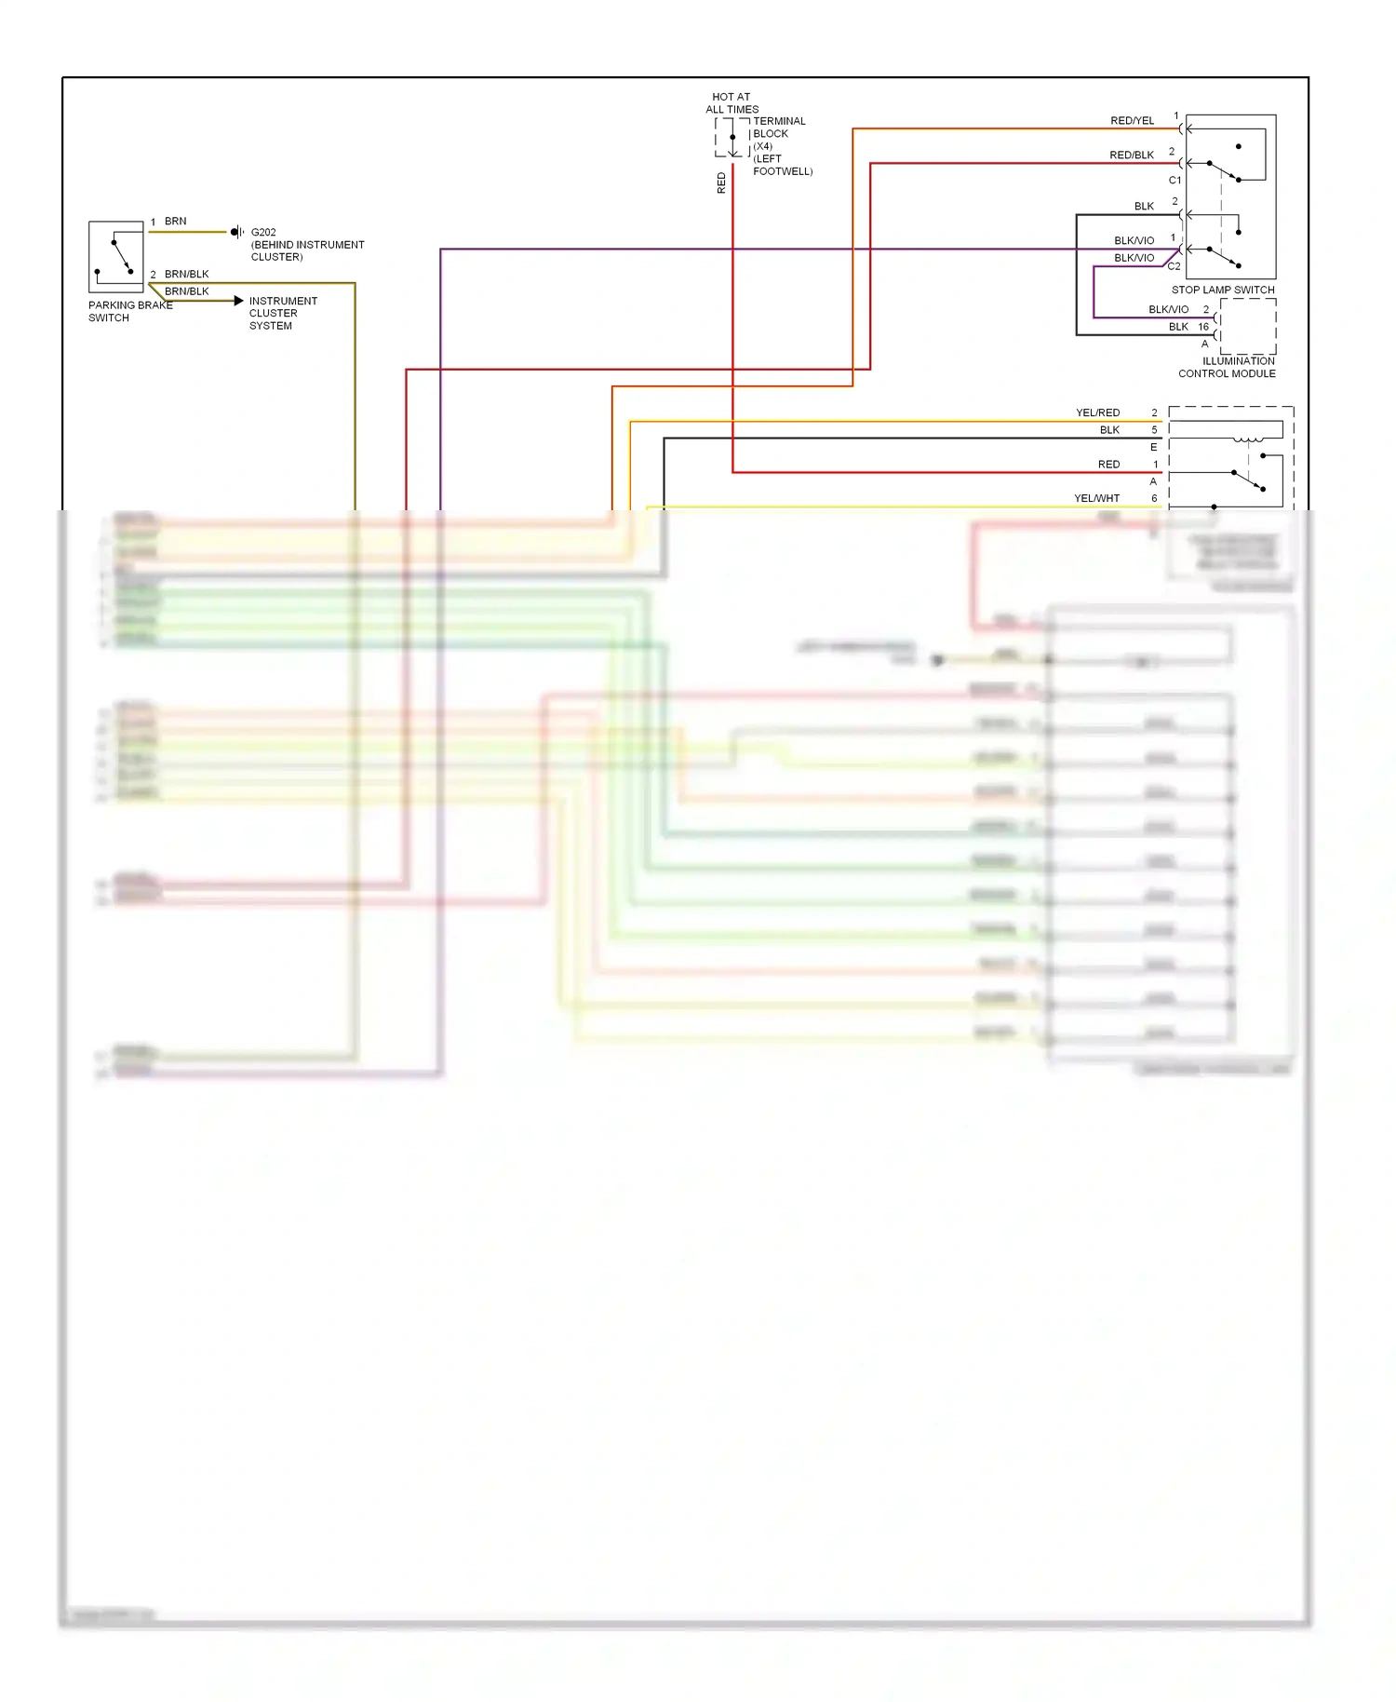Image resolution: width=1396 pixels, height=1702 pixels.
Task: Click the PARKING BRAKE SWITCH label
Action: [x=129, y=311]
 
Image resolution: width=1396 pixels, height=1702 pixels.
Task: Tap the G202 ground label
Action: [x=263, y=233]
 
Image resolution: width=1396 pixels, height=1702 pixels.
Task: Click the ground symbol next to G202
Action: [x=237, y=232]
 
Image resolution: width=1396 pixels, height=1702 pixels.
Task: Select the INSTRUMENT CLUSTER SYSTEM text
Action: [x=282, y=313]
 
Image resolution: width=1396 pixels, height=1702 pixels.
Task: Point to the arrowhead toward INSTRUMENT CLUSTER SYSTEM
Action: [x=239, y=301]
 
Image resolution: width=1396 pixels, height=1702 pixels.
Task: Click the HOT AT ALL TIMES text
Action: [x=732, y=102]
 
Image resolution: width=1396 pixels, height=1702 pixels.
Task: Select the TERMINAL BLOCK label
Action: [x=779, y=128]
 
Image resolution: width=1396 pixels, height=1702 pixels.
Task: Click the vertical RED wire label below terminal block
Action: [x=721, y=182]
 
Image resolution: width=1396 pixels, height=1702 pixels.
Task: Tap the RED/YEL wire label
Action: [x=1132, y=121]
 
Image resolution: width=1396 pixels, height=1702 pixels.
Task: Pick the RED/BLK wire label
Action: [x=1131, y=155]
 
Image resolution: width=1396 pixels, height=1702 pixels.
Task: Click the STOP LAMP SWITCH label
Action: [x=1222, y=290]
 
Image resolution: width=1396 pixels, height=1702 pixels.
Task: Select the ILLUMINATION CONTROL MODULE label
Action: [x=1227, y=367]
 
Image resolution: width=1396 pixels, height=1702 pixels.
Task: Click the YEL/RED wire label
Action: [x=1097, y=412]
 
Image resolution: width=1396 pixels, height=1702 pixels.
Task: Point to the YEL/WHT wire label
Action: [x=1096, y=498]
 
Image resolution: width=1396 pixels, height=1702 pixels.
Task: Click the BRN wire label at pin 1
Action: [x=175, y=222]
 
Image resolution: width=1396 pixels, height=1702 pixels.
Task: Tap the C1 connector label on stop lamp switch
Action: [x=1175, y=181]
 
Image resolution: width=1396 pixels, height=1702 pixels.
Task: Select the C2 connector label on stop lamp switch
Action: [x=1174, y=266]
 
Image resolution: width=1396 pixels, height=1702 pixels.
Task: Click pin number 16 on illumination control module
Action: [x=1203, y=327]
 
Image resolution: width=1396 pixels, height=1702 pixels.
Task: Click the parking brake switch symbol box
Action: [x=115, y=257]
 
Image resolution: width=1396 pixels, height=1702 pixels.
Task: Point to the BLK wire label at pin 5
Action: [x=1109, y=430]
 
